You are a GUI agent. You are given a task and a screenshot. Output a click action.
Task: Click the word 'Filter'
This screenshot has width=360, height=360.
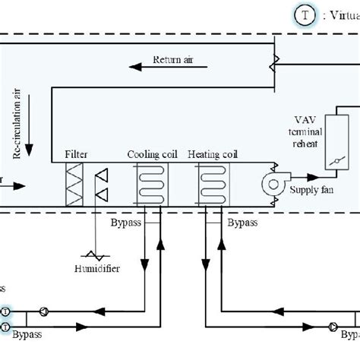(x=76, y=154)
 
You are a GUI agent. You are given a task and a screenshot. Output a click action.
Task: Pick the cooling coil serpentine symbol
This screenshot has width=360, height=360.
(x=150, y=185)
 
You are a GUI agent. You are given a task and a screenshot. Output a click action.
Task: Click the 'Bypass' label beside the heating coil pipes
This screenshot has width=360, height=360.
(x=242, y=224)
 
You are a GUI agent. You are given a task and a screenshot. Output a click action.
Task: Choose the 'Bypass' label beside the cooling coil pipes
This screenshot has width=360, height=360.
(x=125, y=223)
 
